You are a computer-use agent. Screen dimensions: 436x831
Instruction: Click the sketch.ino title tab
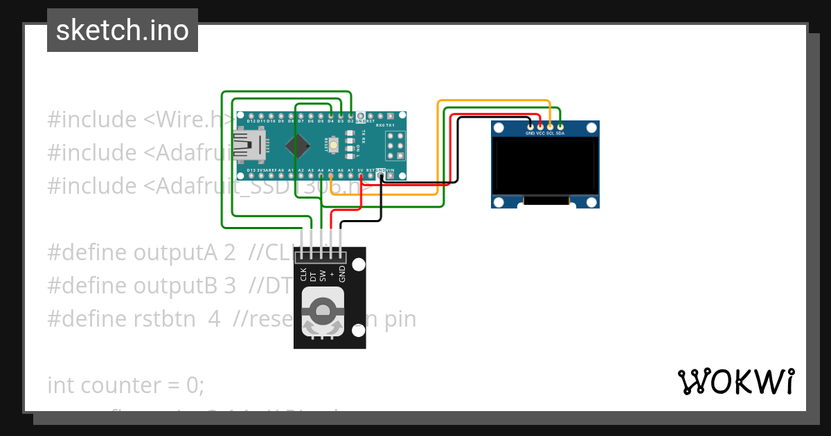[122, 30]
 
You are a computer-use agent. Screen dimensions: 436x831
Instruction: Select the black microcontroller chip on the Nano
[298, 145]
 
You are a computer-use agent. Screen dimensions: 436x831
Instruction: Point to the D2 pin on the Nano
[351, 115]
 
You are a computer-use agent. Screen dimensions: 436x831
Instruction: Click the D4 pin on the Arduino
[331, 115]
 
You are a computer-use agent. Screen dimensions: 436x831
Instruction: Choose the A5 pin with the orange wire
[331, 176]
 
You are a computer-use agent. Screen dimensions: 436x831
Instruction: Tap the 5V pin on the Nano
[361, 176]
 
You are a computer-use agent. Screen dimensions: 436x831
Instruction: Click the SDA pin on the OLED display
[560, 127]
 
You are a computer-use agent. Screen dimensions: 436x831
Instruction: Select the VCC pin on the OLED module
[540, 127]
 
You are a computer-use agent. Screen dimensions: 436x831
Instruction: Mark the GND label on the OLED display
[530, 133]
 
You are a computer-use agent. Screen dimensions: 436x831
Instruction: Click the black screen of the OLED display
[545, 165]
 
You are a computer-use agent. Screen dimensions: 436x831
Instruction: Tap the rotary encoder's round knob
[323, 312]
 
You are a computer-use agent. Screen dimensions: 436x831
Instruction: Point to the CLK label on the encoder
[303, 275]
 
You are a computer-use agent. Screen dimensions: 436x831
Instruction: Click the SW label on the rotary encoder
[323, 275]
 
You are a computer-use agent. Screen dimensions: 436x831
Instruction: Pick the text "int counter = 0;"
[125, 385]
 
